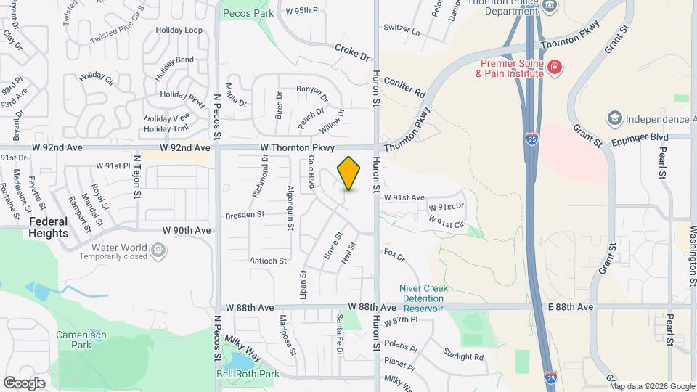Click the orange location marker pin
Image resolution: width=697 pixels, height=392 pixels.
point(349,173)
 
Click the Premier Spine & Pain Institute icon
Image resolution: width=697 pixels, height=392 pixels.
point(554,68)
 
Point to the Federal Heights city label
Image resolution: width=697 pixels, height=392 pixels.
point(49,227)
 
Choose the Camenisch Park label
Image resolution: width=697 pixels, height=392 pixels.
point(81,340)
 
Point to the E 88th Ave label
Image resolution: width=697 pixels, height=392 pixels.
point(571,307)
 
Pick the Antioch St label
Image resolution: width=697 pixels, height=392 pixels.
point(268,260)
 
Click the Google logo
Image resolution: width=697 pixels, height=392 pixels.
point(24,383)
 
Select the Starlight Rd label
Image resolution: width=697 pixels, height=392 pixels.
point(465,356)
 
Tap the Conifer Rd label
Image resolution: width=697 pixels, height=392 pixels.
point(405,88)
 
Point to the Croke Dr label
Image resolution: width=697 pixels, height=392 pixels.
point(353,52)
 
